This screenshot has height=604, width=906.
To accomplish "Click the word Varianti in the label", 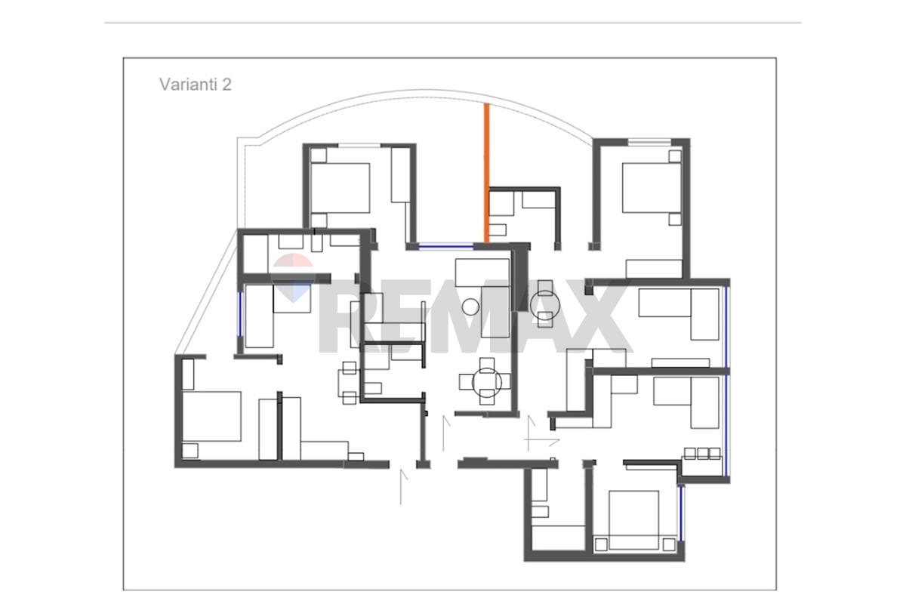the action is coord(188,85).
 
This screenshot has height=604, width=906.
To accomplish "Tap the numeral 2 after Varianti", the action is coord(226,85).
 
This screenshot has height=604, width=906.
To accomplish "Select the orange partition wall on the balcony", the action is coord(487,173).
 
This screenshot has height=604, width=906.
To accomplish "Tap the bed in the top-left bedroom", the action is coord(341,188).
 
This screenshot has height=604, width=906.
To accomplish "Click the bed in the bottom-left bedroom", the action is coord(211,416).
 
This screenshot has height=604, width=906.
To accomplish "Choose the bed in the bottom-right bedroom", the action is coord(633,520).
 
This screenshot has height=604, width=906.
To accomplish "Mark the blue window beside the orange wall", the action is coord(445,245).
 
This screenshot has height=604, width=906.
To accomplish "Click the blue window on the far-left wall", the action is coord(240,314).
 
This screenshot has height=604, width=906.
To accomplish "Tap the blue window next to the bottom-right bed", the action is coord(681,513).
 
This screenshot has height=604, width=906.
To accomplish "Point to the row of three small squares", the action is coord(702,454).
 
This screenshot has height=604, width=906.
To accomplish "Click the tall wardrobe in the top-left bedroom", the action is coord(400,174).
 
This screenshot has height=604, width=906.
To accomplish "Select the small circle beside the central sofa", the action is coord(470,307).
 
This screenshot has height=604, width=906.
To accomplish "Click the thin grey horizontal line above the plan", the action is coord(453,23).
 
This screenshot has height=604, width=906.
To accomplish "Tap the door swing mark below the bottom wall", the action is coord(403,487).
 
